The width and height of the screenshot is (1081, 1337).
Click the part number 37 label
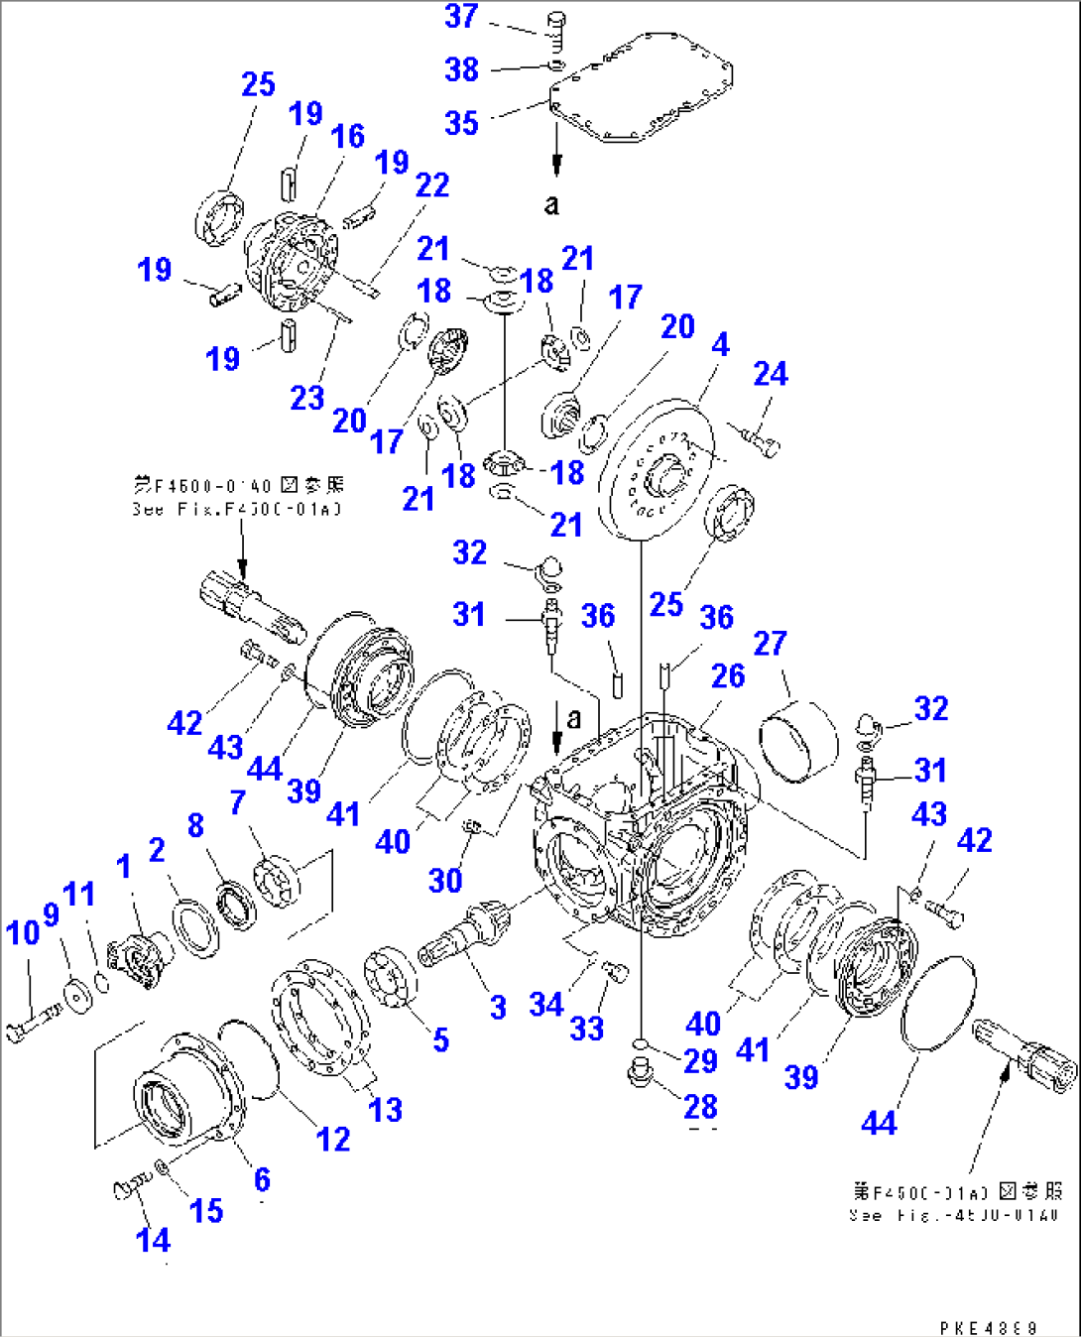[x=461, y=17]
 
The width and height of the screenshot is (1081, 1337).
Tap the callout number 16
[x=348, y=137]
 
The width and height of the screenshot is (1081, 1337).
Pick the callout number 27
[x=770, y=644]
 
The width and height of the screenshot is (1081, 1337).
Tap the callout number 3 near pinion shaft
[x=498, y=1008]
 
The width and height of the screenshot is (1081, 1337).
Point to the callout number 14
[x=153, y=1240]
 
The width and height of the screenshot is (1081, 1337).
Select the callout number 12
[x=333, y=1139]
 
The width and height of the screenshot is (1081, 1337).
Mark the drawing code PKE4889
[x=988, y=1327]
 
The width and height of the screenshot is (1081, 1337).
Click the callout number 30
[x=445, y=880]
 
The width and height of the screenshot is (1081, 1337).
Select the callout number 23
[x=307, y=398]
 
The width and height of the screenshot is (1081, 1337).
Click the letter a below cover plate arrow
[x=552, y=204]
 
